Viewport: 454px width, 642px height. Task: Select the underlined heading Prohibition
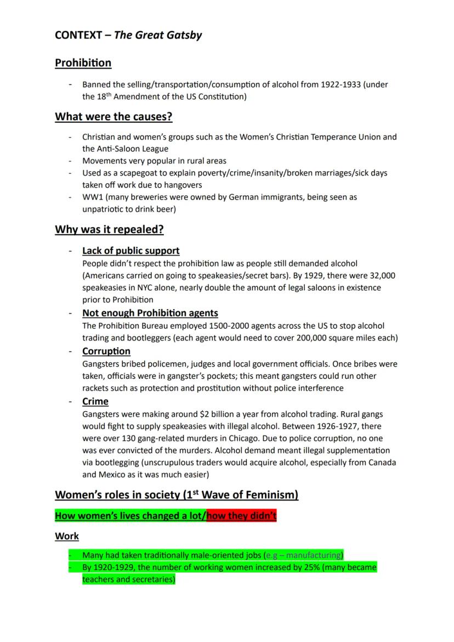click(83, 63)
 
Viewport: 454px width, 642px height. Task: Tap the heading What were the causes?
click(110, 116)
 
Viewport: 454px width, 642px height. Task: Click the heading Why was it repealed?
click(109, 229)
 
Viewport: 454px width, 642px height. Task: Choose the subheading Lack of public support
click(130, 251)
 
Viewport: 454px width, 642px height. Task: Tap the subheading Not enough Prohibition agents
click(150, 313)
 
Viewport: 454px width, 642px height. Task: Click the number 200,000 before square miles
click(285, 338)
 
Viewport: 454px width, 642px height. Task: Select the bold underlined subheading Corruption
click(106, 351)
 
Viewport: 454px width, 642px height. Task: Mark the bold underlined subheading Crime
click(95, 401)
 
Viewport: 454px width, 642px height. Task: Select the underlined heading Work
click(66, 536)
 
